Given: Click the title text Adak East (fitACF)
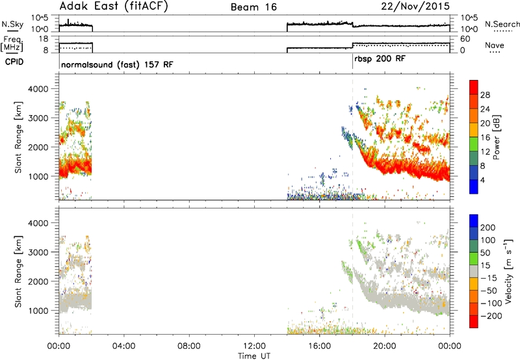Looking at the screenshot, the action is click(114, 6).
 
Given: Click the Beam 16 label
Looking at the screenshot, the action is click(253, 7).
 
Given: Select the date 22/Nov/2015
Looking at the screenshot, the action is click(415, 6).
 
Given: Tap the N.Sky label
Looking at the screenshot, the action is click(12, 24).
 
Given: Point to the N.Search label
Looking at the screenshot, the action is click(502, 24).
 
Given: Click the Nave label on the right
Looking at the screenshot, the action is click(495, 45).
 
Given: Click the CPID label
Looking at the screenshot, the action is click(14, 62).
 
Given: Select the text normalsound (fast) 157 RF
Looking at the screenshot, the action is click(117, 64).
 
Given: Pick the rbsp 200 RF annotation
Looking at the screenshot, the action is click(380, 59).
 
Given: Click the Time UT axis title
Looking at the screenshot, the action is click(254, 356).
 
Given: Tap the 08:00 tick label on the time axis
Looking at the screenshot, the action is click(189, 346).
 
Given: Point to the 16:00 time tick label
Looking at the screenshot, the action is click(319, 346).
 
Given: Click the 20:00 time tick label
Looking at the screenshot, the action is click(385, 346).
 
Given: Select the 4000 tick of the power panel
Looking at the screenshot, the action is click(38, 89).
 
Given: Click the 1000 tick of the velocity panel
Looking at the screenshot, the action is click(38, 311).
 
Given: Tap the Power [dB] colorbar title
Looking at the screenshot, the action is click(496, 137).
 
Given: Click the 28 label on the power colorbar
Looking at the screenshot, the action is click(485, 95).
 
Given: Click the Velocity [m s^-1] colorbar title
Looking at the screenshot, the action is click(508, 271).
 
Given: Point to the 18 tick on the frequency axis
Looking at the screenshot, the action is click(43, 39).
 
